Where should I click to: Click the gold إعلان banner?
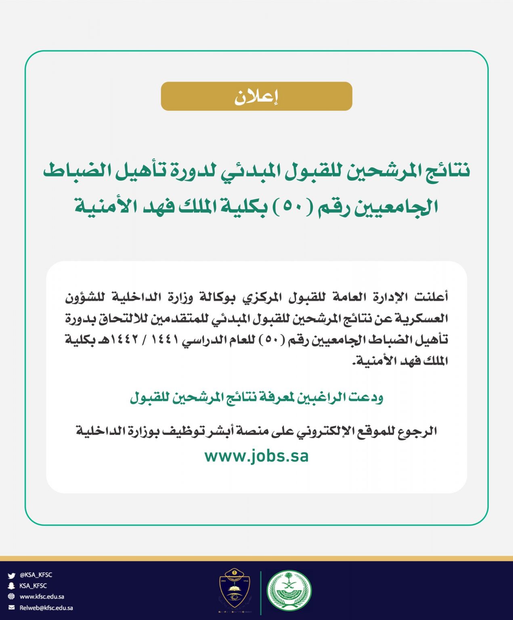click(256, 96)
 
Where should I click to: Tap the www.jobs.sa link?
click(256, 457)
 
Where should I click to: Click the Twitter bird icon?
click(11, 575)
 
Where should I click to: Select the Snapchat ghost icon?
click(11, 586)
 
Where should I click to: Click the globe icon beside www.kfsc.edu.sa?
click(11, 597)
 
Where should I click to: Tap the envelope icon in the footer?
click(11, 607)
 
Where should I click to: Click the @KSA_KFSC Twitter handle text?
click(36, 575)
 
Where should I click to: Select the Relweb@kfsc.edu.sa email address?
click(46, 607)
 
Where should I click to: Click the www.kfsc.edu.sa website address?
click(42, 597)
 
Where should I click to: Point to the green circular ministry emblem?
click(289, 590)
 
